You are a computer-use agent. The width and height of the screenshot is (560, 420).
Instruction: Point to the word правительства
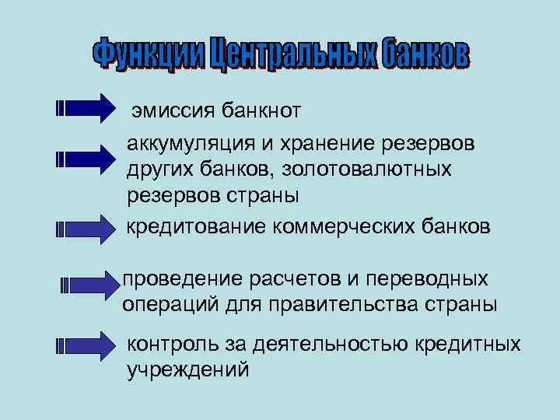click(341, 303)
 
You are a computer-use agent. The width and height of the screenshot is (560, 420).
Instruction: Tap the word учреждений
click(188, 369)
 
